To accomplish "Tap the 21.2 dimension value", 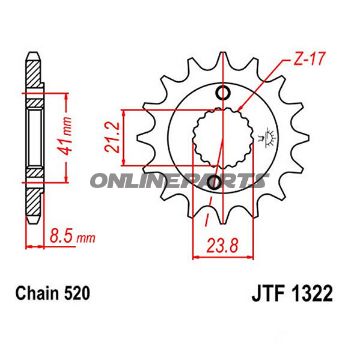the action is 113,137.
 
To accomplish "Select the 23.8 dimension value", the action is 223,247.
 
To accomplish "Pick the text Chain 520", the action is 53,294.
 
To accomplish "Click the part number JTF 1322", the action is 292,294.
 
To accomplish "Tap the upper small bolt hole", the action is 222,92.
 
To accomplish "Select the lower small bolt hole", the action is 214,182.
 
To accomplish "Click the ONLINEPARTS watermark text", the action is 179,181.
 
